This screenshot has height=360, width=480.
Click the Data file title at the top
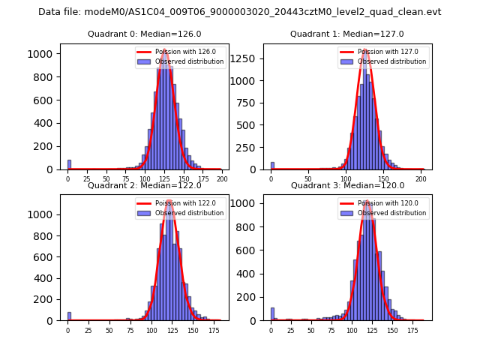coord(240,12)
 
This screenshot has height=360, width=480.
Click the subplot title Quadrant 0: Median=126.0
coord(143,34)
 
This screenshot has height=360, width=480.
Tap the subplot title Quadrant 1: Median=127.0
coord(346,34)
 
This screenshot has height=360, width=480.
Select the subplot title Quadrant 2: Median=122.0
coord(143,185)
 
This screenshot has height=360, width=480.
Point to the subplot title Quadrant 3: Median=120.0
coord(346,185)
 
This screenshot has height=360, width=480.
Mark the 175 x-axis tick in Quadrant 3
coord(412,330)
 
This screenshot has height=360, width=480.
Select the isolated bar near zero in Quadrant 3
coord(272,314)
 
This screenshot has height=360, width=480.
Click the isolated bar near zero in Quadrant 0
coord(69,164)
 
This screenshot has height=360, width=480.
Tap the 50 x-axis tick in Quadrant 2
coord(109,330)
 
